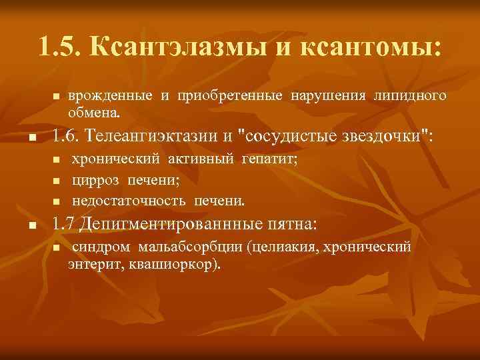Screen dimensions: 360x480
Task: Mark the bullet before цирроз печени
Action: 57,181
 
